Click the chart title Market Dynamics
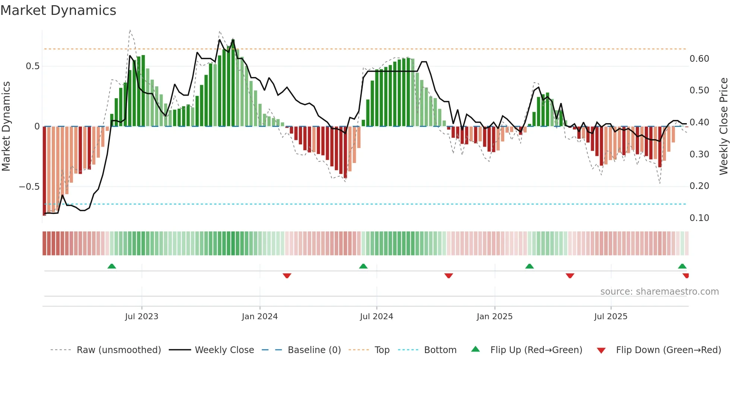[58, 10]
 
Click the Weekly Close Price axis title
[723, 126]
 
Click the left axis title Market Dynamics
[6, 126]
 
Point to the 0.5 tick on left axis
[32, 66]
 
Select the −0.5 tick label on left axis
[29, 186]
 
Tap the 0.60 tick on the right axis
[699, 59]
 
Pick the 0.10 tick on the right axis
[699, 218]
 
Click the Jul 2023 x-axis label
[142, 317]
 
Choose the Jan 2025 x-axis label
[494, 317]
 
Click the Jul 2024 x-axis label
[376, 317]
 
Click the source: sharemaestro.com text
[659, 292]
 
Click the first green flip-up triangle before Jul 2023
[112, 266]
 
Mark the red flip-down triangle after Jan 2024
[287, 276]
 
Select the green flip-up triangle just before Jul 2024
[363, 266]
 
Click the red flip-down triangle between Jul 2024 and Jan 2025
[448, 276]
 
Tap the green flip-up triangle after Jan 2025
[529, 266]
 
